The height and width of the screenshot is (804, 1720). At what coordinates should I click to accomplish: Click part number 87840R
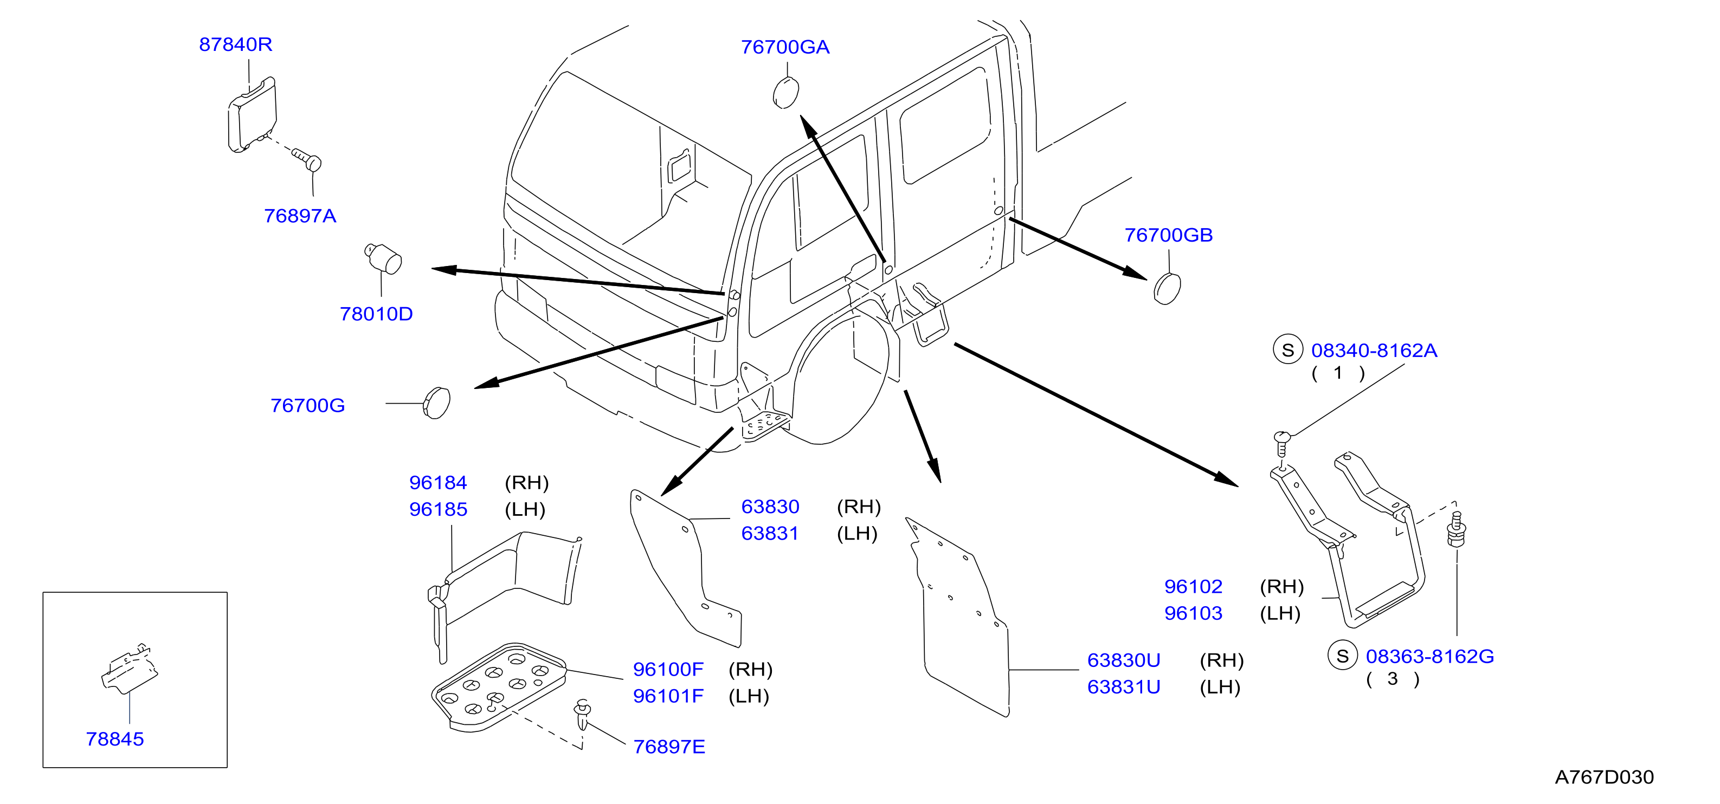tap(236, 45)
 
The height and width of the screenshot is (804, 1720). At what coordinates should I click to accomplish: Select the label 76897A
tap(300, 216)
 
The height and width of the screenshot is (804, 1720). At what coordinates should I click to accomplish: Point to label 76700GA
tap(785, 47)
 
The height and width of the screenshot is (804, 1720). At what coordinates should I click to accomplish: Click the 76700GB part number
tap(1169, 236)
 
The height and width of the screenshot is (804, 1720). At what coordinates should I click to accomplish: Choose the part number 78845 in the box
tap(115, 740)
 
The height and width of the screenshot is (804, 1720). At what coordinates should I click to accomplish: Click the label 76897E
tap(669, 747)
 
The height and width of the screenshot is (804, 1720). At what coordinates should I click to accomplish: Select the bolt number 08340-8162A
tap(1374, 351)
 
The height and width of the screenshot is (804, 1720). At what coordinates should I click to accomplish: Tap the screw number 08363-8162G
tap(1429, 657)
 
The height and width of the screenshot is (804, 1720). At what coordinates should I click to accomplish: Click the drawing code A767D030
tap(1605, 777)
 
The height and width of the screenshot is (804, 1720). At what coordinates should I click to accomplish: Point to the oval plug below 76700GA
tap(786, 93)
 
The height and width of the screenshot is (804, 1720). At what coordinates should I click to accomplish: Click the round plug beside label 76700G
tap(437, 403)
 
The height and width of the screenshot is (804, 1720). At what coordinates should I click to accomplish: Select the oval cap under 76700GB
tap(1167, 288)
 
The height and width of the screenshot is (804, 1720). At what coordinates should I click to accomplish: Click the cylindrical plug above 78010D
tap(383, 258)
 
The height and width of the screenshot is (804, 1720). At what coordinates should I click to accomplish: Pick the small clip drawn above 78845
tap(130, 669)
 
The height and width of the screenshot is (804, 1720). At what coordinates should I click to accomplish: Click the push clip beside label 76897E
tap(583, 715)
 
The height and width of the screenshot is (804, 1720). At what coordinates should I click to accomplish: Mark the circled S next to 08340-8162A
tap(1288, 349)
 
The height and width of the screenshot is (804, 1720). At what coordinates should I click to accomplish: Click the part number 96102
tap(1193, 587)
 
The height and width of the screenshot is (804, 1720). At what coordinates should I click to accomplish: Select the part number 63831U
tap(1124, 687)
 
